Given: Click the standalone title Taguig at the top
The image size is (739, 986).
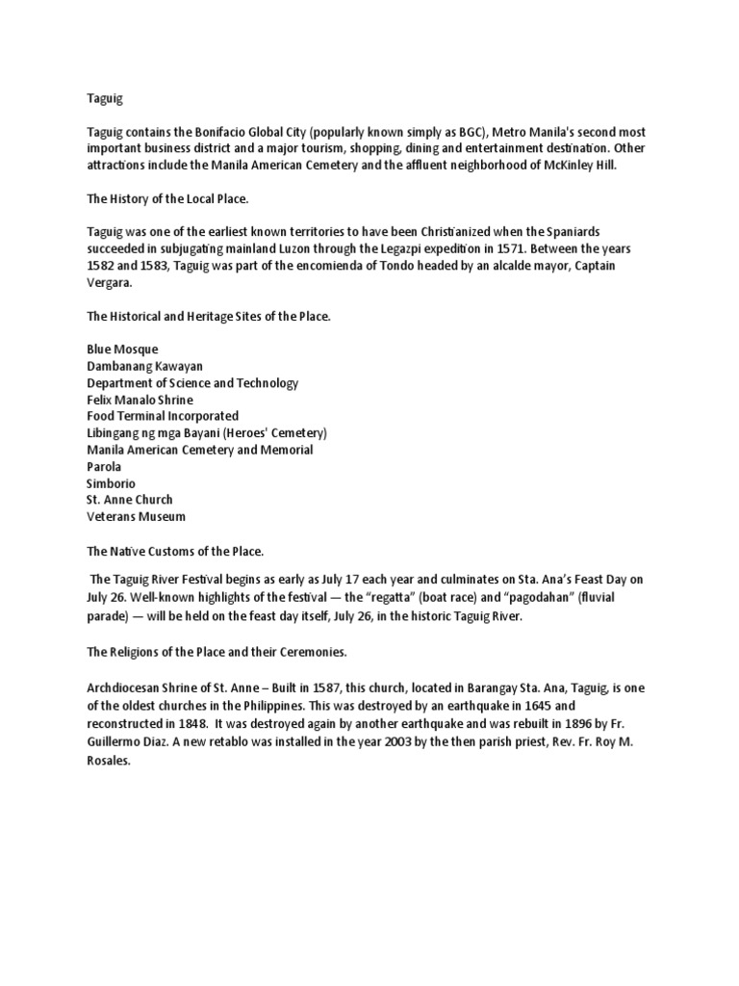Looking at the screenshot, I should point(105,98).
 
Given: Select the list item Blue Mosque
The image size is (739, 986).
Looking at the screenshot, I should point(122,350).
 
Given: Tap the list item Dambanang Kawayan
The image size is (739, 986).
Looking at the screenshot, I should point(144,366).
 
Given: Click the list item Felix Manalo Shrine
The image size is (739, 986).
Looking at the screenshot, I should point(140,400).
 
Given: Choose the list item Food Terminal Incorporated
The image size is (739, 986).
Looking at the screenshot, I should point(163,416).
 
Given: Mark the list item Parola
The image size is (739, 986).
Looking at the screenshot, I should point(104,466).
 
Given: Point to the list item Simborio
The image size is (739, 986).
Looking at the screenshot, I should point(111,483).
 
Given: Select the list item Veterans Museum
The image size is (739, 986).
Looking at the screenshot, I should point(136,517).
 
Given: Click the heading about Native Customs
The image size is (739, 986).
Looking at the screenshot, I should point(175,551).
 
